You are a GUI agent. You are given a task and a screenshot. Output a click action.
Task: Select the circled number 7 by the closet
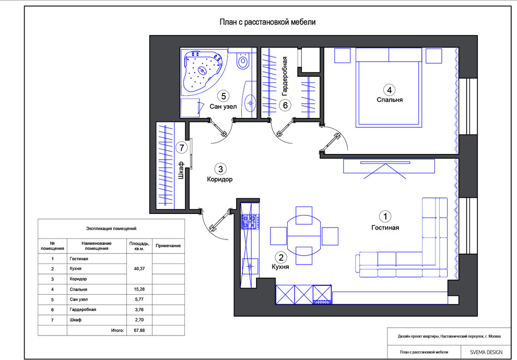pos(181,148)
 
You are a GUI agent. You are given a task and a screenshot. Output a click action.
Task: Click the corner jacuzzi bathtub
pos(202,71)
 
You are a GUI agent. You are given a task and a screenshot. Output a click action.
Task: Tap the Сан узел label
pos(224,107)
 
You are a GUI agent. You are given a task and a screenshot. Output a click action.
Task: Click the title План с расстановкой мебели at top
pos(266,22)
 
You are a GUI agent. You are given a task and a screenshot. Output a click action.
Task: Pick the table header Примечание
pos(168,245)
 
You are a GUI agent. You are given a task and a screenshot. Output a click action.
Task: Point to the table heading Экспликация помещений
pos(111,229)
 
